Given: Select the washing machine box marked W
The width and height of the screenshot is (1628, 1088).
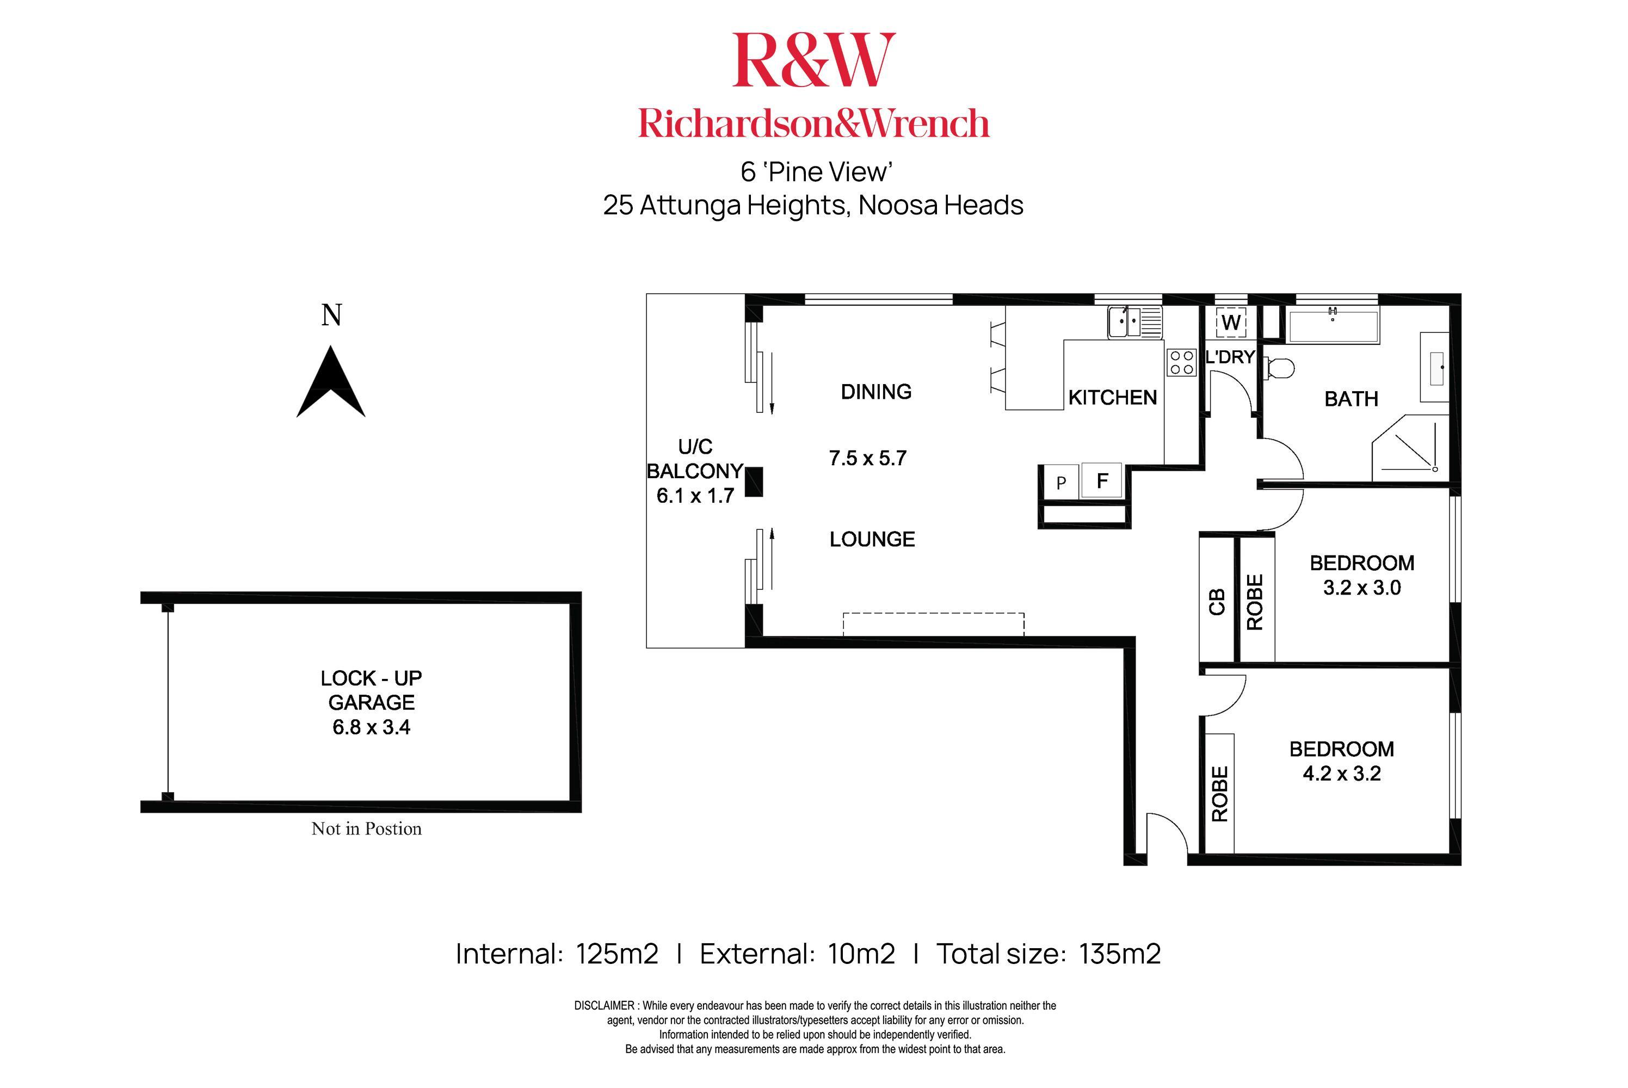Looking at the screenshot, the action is coord(1231,323).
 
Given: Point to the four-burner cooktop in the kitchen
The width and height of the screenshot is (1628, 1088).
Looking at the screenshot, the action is coord(1181,362).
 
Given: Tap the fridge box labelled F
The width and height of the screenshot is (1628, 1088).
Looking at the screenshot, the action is coord(1101,480).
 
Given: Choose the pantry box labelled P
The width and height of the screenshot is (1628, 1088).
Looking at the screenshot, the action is coord(1060,482).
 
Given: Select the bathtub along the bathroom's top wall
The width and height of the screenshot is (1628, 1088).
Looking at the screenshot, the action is coord(1333,324).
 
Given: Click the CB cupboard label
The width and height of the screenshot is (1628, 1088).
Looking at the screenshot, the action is coord(1217,602).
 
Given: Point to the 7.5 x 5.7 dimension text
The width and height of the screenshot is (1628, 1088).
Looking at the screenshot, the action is coord(867,458).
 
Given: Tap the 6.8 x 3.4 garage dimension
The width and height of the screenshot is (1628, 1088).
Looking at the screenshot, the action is coord(371,727).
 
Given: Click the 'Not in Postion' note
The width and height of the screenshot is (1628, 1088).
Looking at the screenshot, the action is coord(366,829).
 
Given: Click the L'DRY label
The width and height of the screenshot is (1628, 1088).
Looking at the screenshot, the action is coord(1230,357).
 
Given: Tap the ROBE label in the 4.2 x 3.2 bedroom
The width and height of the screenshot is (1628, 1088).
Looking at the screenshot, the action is coord(1219,794).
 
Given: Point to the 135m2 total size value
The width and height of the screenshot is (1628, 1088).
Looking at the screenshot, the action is coord(1119,954).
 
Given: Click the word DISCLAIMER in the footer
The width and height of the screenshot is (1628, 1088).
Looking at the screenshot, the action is coord(604,1005).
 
